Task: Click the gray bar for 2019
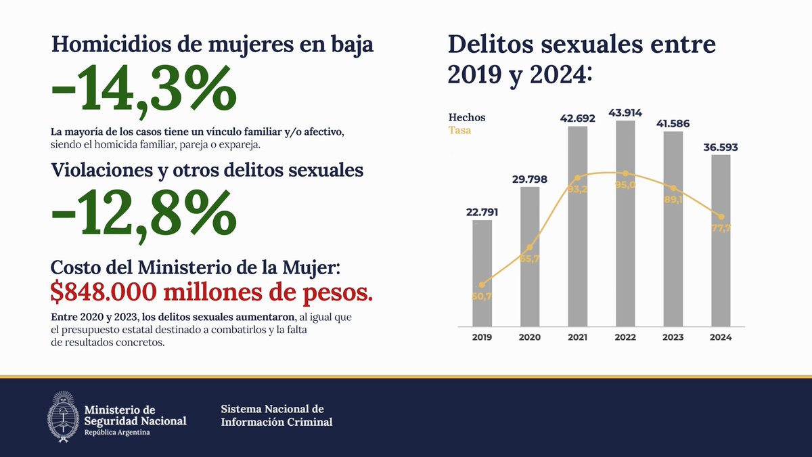click(482, 271)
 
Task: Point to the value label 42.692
click(577, 118)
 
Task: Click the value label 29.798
click(530, 179)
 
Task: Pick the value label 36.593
click(721, 147)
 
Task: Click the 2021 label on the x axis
click(577, 336)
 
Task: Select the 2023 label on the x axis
click(673, 336)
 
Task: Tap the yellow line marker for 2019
click(482, 285)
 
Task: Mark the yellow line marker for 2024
click(721, 217)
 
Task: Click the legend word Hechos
click(467, 117)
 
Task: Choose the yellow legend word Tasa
click(459, 130)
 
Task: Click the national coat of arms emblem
click(62, 416)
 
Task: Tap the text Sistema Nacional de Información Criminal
click(277, 416)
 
